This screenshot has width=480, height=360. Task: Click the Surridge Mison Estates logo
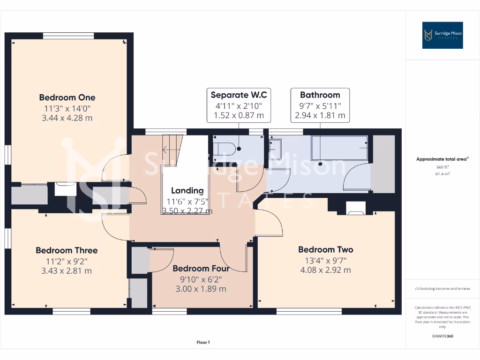pos(442,35)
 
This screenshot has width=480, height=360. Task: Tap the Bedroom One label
pos(67,97)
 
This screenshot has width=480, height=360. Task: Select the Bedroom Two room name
pos(325,249)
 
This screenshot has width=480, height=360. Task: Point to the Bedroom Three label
pos(67,250)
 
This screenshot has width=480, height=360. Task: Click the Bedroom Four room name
pos(201,269)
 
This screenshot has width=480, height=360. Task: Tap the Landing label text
pos(187,190)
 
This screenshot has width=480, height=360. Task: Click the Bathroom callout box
pos(320,105)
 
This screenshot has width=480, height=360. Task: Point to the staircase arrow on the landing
pos(167,150)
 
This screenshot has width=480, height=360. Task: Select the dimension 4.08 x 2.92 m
pos(325,270)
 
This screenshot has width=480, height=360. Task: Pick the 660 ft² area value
pos(442,167)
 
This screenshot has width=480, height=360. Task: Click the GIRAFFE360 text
pos(442,336)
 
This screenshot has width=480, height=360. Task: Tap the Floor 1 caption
pos(203,343)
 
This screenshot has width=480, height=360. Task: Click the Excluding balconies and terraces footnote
pos(442,289)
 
